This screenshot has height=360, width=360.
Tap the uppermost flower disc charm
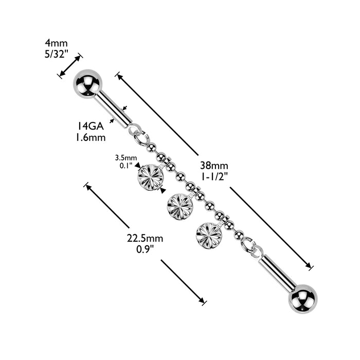click(151, 176)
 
